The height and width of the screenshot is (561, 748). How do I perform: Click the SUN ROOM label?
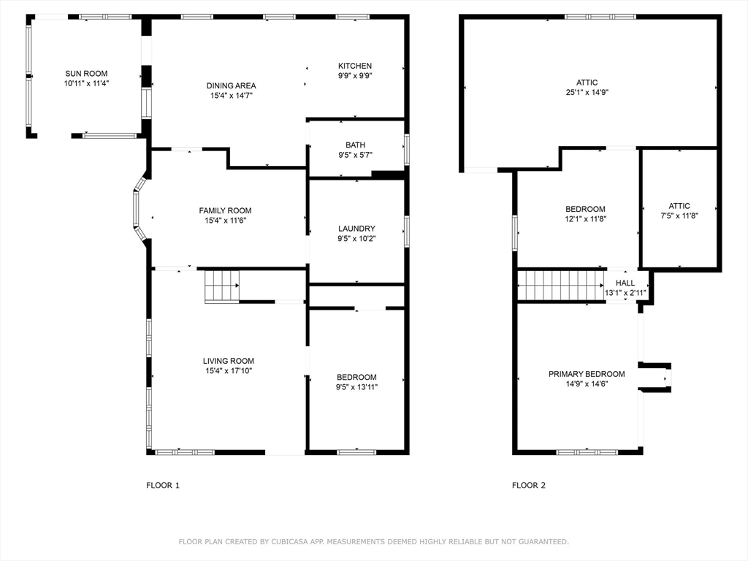click(86, 74)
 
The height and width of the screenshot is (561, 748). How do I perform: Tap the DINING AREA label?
click(232, 86)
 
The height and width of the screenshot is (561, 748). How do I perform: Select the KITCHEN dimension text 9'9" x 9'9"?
click(355, 75)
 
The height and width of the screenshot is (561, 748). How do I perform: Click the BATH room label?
click(356, 145)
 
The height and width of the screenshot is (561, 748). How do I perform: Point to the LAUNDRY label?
click(356, 229)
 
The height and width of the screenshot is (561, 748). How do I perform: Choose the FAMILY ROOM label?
click(225, 210)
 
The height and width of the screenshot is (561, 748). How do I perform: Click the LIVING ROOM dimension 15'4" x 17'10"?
click(229, 370)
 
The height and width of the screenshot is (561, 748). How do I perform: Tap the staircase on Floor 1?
click(222, 286)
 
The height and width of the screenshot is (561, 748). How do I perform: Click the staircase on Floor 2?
click(561, 286)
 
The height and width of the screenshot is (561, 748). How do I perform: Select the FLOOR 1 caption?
click(163, 485)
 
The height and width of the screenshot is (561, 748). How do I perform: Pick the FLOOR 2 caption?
click(529, 485)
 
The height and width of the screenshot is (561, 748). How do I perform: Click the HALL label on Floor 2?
click(625, 283)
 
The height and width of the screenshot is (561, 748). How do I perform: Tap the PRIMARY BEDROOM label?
click(587, 374)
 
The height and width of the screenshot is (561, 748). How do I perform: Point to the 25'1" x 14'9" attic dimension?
click(587, 92)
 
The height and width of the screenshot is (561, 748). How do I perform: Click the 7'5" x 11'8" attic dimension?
click(679, 215)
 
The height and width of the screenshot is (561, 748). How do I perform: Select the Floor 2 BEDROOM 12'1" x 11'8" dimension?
click(585, 219)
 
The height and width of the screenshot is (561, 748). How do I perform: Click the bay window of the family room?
click(140, 210)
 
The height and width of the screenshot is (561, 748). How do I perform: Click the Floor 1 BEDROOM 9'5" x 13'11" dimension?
click(356, 387)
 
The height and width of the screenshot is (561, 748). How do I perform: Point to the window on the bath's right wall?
click(406, 149)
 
